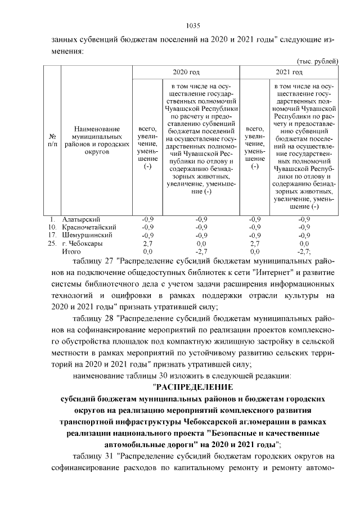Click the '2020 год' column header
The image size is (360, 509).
coord(186,73)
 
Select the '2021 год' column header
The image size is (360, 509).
coord(290,73)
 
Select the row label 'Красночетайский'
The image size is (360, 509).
coord(89,227)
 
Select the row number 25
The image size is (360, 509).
coord(52,243)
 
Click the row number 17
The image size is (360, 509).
coord(52,235)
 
